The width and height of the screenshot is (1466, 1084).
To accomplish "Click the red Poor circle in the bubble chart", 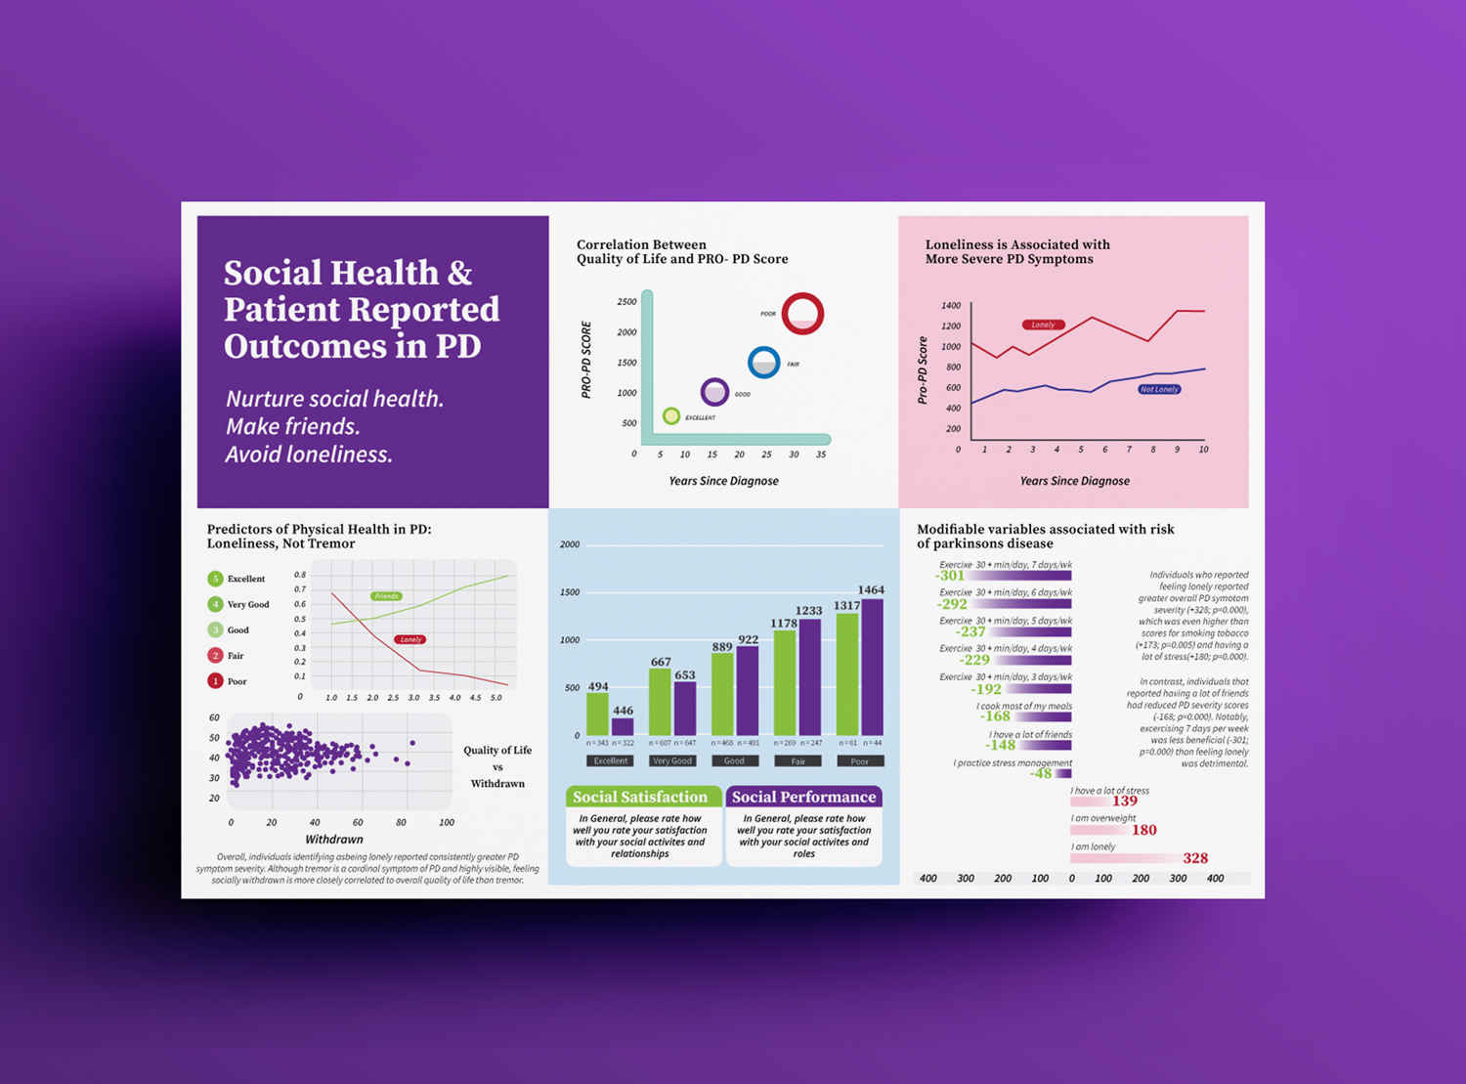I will click(x=802, y=314).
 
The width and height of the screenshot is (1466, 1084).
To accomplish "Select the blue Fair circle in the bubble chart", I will click(x=763, y=363).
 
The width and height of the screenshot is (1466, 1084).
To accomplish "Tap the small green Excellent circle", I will click(x=671, y=416).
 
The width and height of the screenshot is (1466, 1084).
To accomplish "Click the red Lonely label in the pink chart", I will click(x=1043, y=325).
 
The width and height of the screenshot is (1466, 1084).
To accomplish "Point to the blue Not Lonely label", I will click(x=1159, y=389).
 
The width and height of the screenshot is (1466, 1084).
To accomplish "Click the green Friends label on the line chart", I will click(x=386, y=596).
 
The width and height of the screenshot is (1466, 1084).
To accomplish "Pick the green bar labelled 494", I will click(x=597, y=714).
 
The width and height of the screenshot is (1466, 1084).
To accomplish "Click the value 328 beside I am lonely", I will click(x=1195, y=858).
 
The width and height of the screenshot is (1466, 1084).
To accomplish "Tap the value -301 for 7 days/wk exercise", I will click(x=950, y=576).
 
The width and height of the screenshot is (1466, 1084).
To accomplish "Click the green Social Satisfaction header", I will click(x=641, y=797).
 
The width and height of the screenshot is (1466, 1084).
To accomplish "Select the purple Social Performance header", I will click(x=803, y=797).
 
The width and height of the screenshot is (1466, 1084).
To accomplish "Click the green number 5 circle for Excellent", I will click(x=215, y=579).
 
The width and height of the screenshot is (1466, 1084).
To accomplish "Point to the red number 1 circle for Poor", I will click(x=215, y=681).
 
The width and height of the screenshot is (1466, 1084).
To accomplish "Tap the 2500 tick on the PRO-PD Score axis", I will click(x=626, y=302).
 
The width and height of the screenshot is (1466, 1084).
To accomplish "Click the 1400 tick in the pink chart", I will click(x=950, y=306).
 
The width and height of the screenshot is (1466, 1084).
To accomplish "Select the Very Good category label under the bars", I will click(x=672, y=760).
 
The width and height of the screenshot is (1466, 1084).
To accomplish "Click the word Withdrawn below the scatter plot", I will click(x=334, y=839).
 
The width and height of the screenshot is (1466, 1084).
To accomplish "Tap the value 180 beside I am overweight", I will click(x=1143, y=830).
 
